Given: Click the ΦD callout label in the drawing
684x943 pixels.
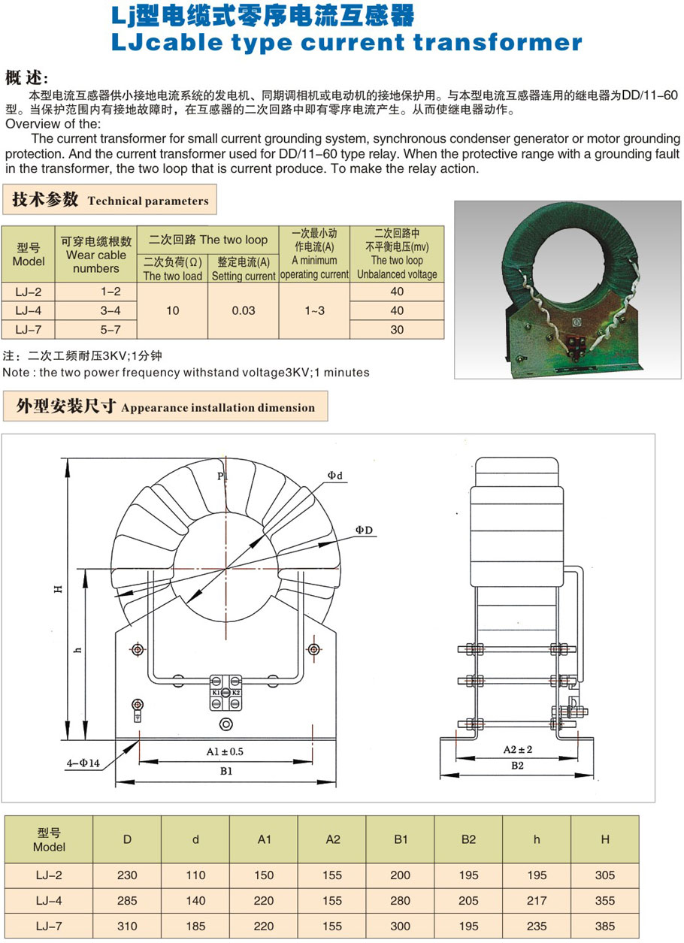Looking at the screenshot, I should [x=365, y=530].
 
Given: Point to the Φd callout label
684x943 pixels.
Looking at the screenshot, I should [x=335, y=476].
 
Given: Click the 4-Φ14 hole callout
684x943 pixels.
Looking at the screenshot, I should [x=83, y=764].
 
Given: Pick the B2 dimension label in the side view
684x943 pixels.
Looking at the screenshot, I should [x=518, y=766].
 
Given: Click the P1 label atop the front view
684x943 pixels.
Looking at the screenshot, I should [x=222, y=476].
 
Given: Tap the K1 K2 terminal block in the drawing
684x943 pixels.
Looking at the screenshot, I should [x=225, y=692].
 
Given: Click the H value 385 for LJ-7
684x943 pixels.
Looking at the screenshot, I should [x=604, y=926].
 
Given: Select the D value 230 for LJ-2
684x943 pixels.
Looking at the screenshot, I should [x=127, y=875].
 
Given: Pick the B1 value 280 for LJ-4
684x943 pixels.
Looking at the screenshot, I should [x=401, y=900].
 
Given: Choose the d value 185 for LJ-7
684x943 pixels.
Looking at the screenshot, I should [x=195, y=926].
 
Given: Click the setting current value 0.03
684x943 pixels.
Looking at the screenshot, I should [x=244, y=310].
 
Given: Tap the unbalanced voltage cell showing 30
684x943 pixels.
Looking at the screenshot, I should [x=397, y=329].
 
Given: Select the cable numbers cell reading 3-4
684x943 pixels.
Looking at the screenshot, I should [x=96, y=310].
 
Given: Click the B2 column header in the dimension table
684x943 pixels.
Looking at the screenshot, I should [x=468, y=839].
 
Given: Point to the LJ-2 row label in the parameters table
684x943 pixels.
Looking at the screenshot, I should [x=29, y=292].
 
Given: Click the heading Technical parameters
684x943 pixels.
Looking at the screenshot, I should [x=148, y=201].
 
